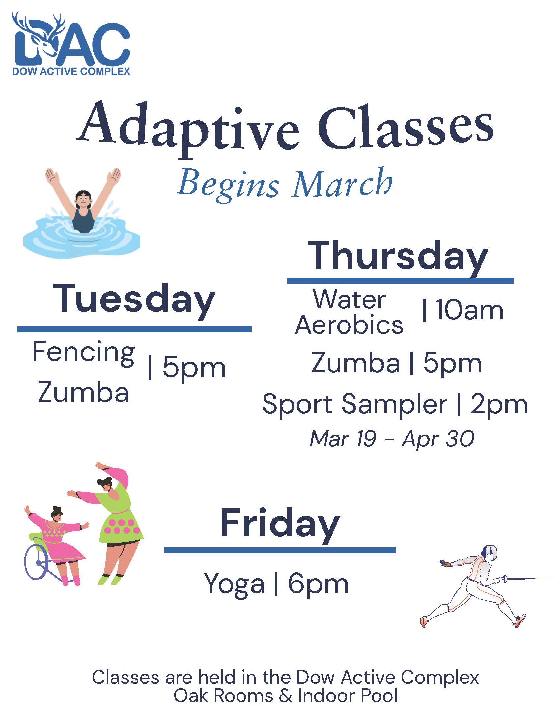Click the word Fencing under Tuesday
(83, 352)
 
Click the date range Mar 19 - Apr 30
(392, 439)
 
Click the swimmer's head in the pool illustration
(83, 199)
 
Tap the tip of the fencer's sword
(551, 579)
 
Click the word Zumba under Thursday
(355, 363)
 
